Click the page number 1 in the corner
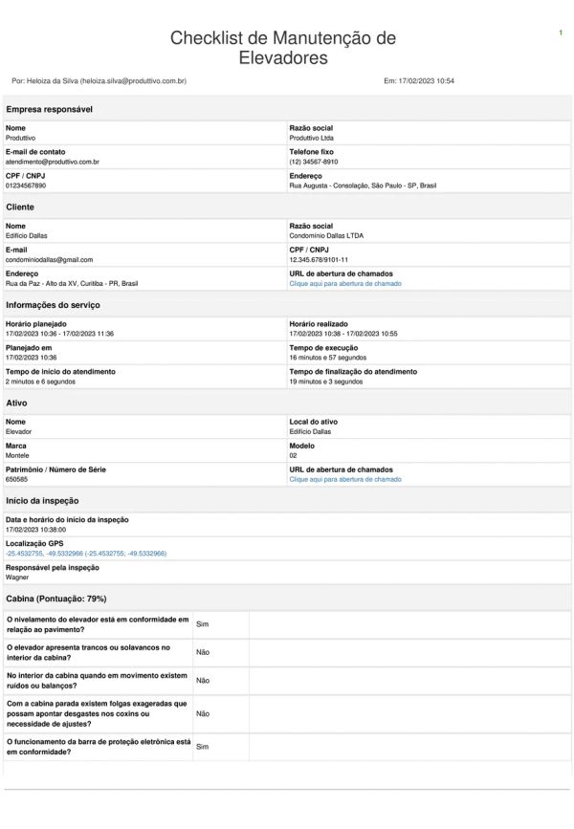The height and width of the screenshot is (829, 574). tap(560, 33)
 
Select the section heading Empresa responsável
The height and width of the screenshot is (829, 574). tap(49, 110)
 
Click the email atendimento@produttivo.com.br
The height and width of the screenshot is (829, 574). tap(53, 163)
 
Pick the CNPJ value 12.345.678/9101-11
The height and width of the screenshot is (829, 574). tap(319, 259)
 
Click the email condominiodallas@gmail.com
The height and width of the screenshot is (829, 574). tap(49, 259)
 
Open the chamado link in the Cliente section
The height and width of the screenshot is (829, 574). tap(345, 284)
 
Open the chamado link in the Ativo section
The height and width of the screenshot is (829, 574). tap(345, 479)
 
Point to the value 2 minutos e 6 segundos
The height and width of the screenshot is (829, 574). tap(40, 382)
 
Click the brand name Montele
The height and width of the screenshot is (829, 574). tap(18, 455)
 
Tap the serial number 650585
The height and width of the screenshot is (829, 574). tap(17, 479)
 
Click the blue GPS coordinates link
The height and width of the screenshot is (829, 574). tap(86, 553)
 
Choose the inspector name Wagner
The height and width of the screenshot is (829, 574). tap(18, 578)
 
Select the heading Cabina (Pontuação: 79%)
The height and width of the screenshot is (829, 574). tap(55, 598)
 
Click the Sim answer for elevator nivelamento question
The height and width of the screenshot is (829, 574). tap(202, 623)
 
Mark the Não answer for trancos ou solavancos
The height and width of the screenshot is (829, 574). tap(203, 652)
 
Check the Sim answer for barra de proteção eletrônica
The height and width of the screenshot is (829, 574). tap(202, 746)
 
